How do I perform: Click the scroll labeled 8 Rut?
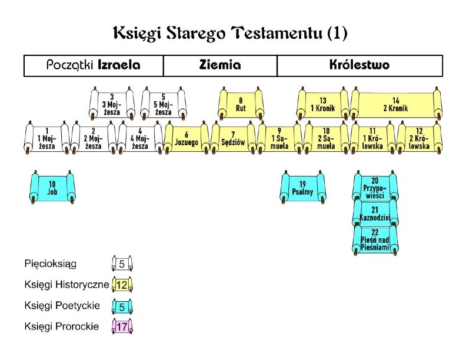(x=241, y=104)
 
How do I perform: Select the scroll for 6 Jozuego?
(x=187, y=138)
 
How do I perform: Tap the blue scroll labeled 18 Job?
(x=52, y=188)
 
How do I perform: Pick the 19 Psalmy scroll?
(x=302, y=188)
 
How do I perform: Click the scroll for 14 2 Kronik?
(x=396, y=104)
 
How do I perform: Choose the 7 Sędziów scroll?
(x=234, y=138)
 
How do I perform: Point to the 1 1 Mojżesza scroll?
(x=47, y=138)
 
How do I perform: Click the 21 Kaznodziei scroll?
(x=375, y=214)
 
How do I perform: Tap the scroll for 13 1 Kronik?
(x=323, y=104)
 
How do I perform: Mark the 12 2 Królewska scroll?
(x=420, y=138)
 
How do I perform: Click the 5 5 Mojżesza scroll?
(x=164, y=104)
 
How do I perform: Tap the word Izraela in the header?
(x=119, y=65)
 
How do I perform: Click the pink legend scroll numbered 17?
(x=122, y=326)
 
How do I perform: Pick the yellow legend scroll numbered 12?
(x=122, y=285)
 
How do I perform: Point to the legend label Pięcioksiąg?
(x=51, y=264)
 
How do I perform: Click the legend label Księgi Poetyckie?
(x=62, y=306)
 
